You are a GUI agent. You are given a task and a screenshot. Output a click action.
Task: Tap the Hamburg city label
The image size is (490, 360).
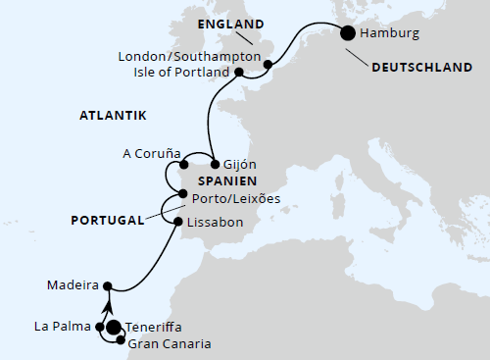click(x=395, y=33)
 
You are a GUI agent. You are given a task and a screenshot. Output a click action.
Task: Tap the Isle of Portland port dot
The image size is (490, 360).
click(x=239, y=72)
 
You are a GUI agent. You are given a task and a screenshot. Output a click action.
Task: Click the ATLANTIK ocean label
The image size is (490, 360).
click(x=113, y=116)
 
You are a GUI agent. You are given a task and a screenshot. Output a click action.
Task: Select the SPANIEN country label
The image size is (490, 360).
click(x=226, y=181)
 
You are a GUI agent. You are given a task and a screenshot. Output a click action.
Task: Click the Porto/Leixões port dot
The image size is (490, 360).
click(x=171, y=192)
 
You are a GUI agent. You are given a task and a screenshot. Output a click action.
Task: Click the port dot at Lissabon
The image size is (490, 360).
click(x=177, y=222)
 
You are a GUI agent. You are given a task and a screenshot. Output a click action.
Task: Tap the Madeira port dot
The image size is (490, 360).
click(x=108, y=287)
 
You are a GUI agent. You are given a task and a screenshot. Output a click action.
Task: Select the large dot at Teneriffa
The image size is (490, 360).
click(x=114, y=328)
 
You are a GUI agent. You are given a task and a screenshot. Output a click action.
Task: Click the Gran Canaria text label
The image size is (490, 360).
click(x=170, y=342)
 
